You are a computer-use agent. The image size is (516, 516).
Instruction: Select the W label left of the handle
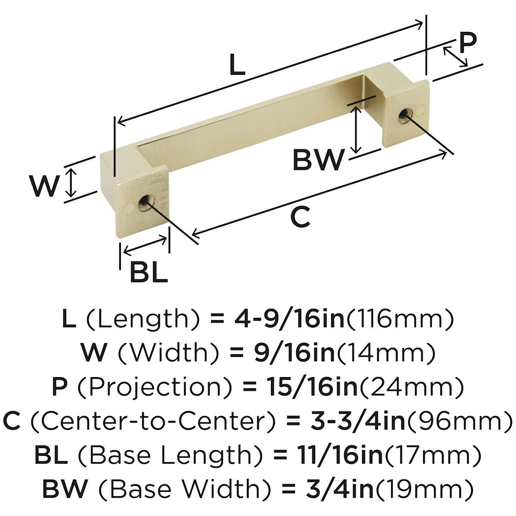coord(44,186)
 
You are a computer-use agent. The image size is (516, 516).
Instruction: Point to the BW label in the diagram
coord(318,160)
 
